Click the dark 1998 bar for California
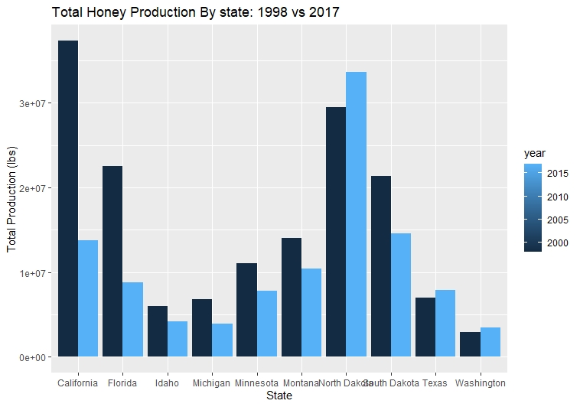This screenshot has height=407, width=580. coord(68,198)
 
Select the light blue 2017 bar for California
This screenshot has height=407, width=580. coord(88,298)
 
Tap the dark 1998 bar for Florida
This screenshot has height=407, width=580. coord(112,261)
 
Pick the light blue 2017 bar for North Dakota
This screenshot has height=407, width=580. coord(356,214)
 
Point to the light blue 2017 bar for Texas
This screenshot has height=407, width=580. coord(445,323)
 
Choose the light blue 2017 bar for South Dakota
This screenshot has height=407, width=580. coord(401,295)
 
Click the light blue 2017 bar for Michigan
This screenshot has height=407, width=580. coord(222,340)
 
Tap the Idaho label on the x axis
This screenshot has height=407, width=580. coord(168,383)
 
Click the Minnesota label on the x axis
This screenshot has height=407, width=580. coord(257,383)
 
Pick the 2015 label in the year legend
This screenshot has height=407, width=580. coord(558,174)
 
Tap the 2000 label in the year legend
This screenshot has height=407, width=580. coord(558,243)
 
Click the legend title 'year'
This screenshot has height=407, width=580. coord(534,154)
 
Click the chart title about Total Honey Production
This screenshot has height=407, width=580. coord(195,12)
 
